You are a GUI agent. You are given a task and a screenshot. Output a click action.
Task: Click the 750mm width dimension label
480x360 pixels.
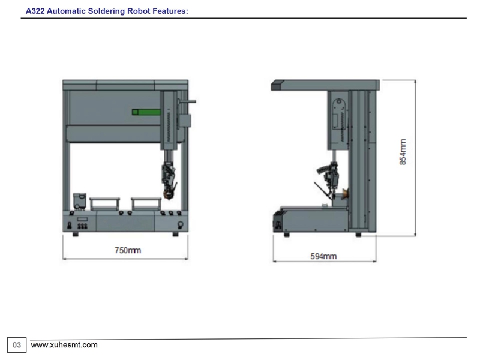pyautogui.click(x=128, y=250)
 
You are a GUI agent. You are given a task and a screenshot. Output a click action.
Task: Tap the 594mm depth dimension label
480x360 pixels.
pyautogui.click(x=323, y=256)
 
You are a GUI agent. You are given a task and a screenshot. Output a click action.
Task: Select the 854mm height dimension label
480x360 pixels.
pyautogui.click(x=403, y=152)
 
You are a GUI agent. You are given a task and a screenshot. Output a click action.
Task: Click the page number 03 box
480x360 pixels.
pyautogui.click(x=17, y=345)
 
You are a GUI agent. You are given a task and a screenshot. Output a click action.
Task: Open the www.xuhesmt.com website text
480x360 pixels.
pyautogui.click(x=64, y=345)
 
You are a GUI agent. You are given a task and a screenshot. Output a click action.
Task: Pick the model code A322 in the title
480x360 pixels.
pyautogui.click(x=35, y=11)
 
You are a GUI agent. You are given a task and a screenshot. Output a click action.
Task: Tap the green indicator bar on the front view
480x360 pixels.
pyautogui.click(x=146, y=112)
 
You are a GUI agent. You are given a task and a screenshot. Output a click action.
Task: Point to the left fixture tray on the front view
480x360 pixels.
pyautogui.click(x=104, y=204)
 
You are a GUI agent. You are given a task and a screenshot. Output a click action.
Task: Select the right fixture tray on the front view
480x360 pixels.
pyautogui.click(x=146, y=204)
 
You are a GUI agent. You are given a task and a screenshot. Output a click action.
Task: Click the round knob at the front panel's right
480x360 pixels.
pyautogui.click(x=181, y=225)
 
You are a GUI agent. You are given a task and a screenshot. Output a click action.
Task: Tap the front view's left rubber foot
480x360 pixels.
pyautogui.click(x=76, y=234)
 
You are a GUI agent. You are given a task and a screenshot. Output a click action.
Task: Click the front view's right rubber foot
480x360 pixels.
pyautogui.click(x=175, y=234)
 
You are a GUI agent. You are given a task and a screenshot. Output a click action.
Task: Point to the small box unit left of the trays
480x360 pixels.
pyautogui.click(x=80, y=201)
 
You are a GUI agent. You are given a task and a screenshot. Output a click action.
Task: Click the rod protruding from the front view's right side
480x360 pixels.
pyautogui.click(x=187, y=101)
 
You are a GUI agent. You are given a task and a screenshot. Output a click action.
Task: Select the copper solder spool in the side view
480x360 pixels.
pyautogui.click(x=345, y=193)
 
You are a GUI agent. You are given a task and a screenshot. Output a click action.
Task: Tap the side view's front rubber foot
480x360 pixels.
pyautogui.click(x=287, y=235)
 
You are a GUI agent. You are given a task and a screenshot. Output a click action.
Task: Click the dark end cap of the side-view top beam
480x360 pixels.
pyautogui.click(x=277, y=85)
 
